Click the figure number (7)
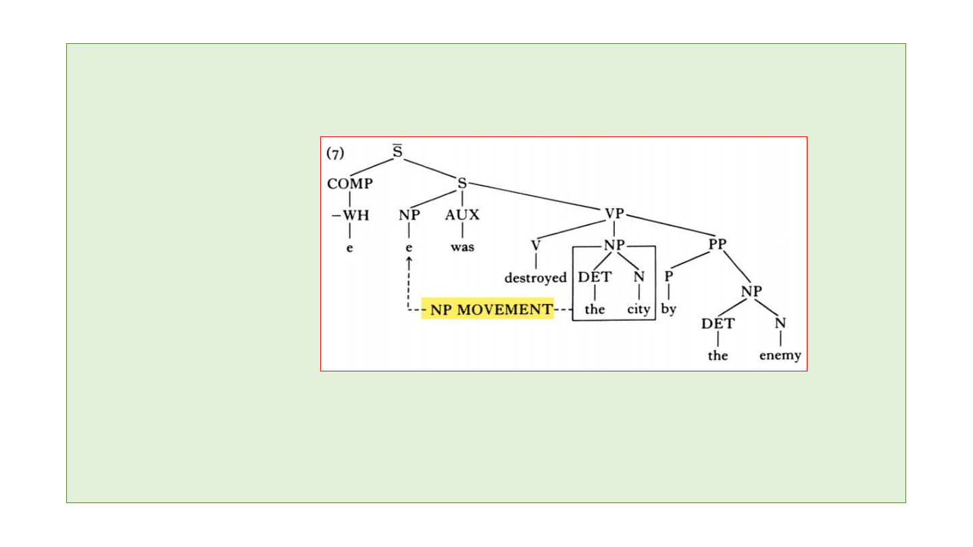coord(335,153)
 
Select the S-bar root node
coord(398,153)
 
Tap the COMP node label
coord(350,184)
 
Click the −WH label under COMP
coord(351,215)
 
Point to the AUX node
coord(462,215)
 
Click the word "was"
coord(462,247)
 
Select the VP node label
coord(614,214)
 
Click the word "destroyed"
coord(535,278)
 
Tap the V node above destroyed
coord(536,246)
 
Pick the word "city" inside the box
coord(639,309)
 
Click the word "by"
coord(668,309)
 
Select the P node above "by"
coord(668,276)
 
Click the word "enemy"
coord(780,355)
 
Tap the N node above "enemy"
coord(780,323)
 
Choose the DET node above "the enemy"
coord(718,323)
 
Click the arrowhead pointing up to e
coord(409,260)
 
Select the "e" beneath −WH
coord(350,247)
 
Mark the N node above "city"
coord(639,277)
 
